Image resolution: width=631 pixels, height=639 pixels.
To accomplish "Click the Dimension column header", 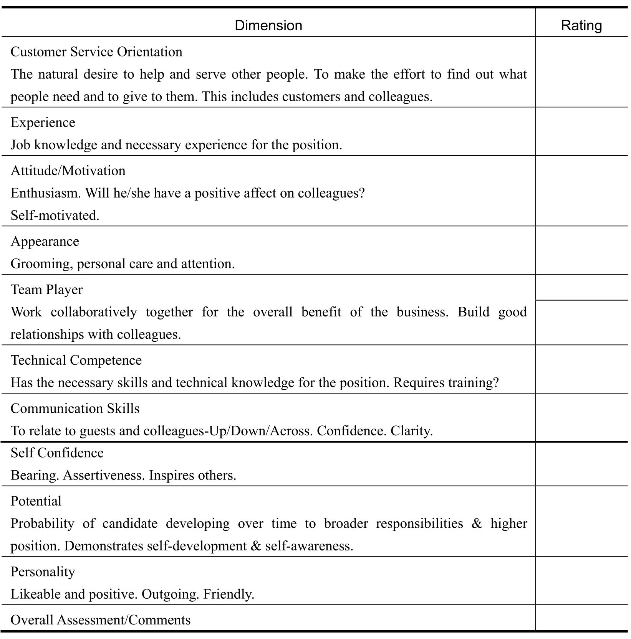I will (x=268, y=26).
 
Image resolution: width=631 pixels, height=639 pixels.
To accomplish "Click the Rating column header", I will (x=581, y=26).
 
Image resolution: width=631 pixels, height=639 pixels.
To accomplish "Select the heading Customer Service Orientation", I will (x=96, y=52).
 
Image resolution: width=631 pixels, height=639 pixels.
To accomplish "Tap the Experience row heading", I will (x=43, y=122).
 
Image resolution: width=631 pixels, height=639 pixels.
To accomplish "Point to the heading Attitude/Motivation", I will (x=68, y=171).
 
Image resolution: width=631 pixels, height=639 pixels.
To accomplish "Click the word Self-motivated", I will (x=55, y=216).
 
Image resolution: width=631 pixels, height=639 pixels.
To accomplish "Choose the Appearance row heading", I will (x=45, y=241).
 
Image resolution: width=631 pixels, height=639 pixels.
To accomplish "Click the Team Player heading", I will (x=46, y=290).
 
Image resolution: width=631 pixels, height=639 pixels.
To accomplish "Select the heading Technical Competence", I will (x=76, y=360).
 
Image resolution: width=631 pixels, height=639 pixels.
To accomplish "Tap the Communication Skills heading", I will (x=75, y=408).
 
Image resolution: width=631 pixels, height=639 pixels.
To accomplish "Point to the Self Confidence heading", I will (x=57, y=453).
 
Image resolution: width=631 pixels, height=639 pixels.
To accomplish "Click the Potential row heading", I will (x=36, y=501).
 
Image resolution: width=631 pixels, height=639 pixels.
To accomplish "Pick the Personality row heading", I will (x=43, y=572).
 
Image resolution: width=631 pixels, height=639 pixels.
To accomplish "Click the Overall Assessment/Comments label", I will (x=101, y=620).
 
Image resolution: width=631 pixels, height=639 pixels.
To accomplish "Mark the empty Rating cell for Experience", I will (x=581, y=132).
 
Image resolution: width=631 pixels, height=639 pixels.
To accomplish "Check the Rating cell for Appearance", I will (x=581, y=250).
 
